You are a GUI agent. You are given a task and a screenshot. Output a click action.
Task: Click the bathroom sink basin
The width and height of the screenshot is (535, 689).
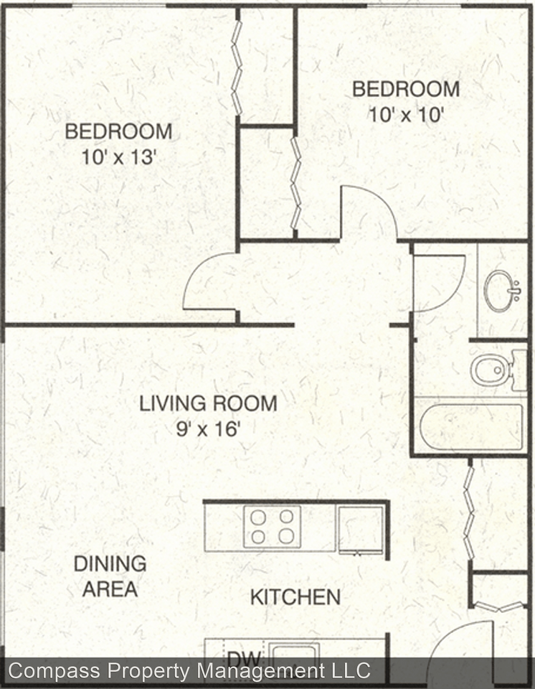click(501, 290)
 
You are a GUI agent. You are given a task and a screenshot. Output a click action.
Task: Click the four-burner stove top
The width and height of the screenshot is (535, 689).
click(272, 526)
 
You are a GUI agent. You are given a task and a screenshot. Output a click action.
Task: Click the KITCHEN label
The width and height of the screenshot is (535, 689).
click(295, 596)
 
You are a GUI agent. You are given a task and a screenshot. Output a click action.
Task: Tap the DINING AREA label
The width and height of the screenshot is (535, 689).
click(110, 576)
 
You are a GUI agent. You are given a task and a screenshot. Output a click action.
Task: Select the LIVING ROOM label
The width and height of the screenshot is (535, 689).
click(208, 403)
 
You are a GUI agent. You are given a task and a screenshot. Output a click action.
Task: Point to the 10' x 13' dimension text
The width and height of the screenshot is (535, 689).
click(118, 157)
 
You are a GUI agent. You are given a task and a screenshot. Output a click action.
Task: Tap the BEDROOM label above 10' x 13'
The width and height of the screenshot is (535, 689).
click(118, 132)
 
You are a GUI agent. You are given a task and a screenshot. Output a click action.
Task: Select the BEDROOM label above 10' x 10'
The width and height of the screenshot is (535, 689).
click(406, 90)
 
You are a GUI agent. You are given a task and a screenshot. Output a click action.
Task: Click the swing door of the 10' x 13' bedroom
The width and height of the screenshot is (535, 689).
click(208, 283)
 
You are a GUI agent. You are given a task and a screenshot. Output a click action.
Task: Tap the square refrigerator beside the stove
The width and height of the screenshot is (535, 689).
click(361, 530)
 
